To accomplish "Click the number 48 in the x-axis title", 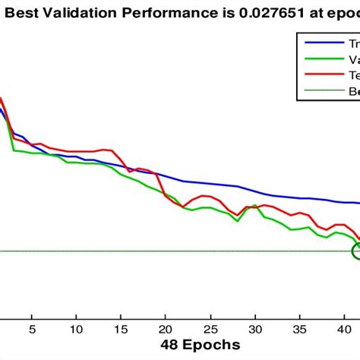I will pyautogui.click(x=169, y=345).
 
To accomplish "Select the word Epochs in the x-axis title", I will pyautogui.click(x=212, y=345).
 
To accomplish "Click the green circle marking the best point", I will pyautogui.click(x=357, y=251).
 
